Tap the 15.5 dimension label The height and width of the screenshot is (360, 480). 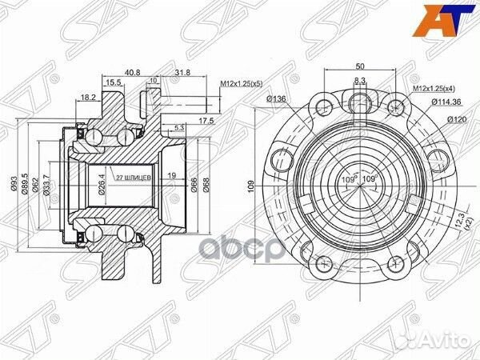tap(113, 82)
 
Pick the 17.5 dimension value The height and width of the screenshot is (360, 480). tap(206, 121)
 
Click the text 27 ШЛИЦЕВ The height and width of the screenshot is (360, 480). tap(130, 178)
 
